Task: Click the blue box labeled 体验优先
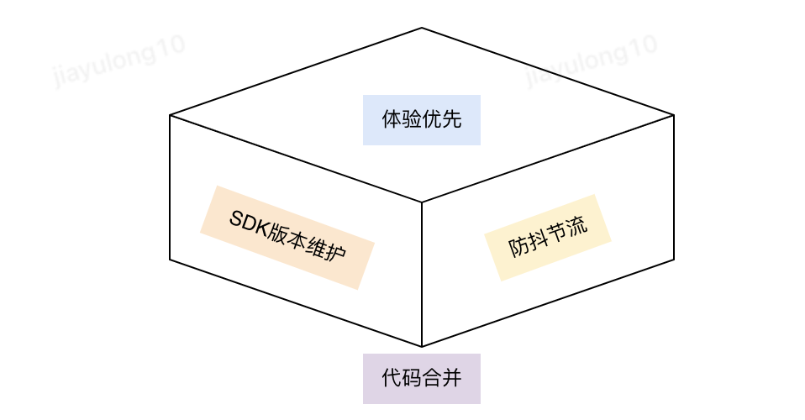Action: tap(421, 120)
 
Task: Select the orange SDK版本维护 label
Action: tap(287, 238)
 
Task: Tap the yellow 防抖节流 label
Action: tap(548, 238)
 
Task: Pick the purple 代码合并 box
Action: tap(421, 379)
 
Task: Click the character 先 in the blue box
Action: tap(452, 120)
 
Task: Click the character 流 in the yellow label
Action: tap(577, 228)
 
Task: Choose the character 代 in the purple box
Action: tap(392, 379)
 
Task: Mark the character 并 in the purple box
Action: tap(452, 379)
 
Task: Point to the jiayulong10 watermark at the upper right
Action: tap(592, 60)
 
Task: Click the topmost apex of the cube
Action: tap(422, 29)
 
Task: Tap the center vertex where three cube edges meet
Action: tap(422, 202)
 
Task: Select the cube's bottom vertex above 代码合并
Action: tap(422, 346)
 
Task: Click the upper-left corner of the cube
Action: tap(170, 115)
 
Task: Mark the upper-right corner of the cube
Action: tap(674, 115)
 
